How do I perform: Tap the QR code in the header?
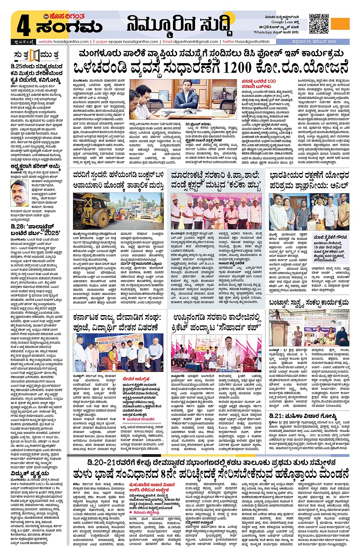319,24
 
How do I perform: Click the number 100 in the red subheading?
271,81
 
